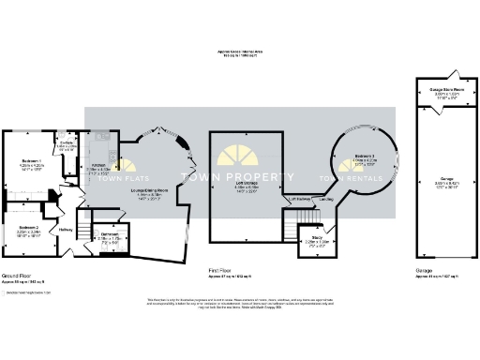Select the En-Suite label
66,144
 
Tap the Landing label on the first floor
325,199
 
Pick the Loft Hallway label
299,199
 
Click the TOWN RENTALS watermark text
345,179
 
